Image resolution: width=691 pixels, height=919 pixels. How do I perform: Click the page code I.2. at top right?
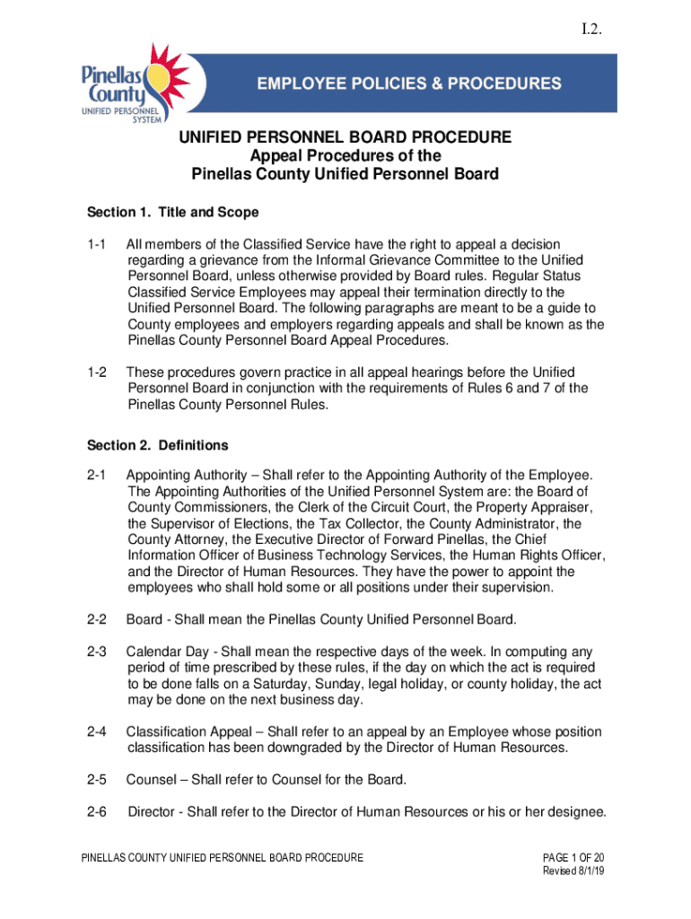[x=590, y=31]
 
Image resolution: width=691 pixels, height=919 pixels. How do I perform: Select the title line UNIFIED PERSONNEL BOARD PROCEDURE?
[x=345, y=137]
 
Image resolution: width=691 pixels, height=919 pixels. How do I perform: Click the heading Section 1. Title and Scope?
[x=172, y=213]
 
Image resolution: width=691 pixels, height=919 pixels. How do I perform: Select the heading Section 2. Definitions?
[x=157, y=445]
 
